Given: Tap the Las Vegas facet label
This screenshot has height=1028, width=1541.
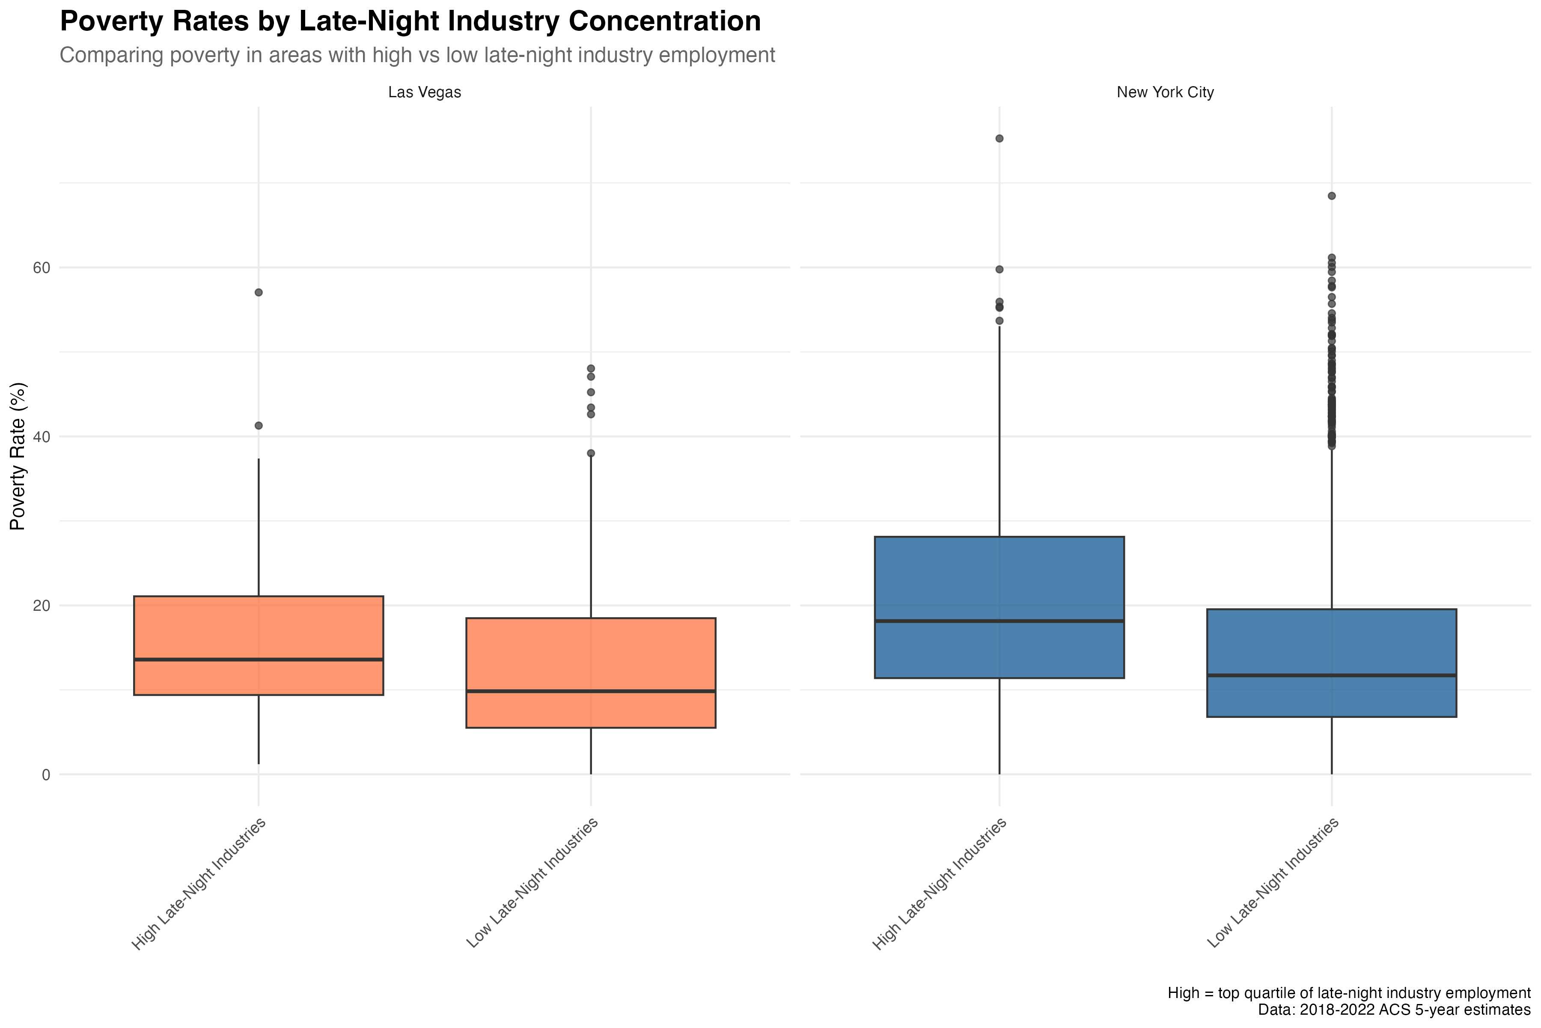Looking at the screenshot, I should [425, 93].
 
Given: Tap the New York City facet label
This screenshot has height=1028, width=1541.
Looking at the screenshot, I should [1165, 93].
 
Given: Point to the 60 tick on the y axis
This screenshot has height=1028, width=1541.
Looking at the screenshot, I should [41, 267].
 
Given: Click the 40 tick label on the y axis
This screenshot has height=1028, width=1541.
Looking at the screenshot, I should [41, 436].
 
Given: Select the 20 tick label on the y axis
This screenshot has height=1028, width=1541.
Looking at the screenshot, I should [41, 605].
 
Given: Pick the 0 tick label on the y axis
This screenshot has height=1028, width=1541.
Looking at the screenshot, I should [45, 775].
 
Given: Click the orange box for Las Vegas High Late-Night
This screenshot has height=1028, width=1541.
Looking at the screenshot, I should [196, 629].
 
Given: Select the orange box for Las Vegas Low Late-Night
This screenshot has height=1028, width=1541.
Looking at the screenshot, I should [524, 656].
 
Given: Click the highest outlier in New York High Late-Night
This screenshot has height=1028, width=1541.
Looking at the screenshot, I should [999, 138].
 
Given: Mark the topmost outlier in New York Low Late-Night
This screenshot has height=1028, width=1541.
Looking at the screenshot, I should [1331, 195].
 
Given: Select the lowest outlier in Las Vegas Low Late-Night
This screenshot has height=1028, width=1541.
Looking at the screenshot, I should [591, 453].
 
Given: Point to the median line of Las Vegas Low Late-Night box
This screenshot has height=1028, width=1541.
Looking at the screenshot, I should [524, 691].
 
